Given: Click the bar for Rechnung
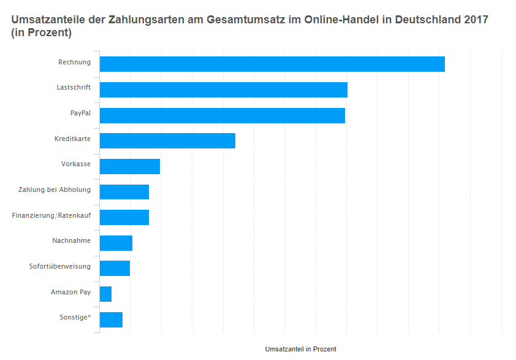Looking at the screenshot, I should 272,64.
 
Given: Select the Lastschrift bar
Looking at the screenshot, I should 224,90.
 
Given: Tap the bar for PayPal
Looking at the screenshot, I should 222,115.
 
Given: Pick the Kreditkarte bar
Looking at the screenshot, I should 167,140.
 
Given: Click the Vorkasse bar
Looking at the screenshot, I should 130,166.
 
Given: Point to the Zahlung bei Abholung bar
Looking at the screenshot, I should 124,192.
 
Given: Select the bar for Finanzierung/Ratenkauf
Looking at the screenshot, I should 124,217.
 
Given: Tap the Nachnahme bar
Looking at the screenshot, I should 116,243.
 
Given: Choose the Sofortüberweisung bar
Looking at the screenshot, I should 115,268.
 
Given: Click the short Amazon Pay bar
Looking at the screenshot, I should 105,294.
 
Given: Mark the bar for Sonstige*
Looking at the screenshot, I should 111,320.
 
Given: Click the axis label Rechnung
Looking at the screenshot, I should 74,62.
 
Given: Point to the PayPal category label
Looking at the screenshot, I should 80,113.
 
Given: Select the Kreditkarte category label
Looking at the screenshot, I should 72,139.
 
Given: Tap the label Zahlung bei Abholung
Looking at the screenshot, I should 55,190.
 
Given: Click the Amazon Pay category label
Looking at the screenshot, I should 70,292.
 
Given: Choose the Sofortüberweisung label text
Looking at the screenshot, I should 60,266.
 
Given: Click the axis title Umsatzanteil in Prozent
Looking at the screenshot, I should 300,349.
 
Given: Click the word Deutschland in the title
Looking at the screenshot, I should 429,20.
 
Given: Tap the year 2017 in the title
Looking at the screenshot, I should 476,20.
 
